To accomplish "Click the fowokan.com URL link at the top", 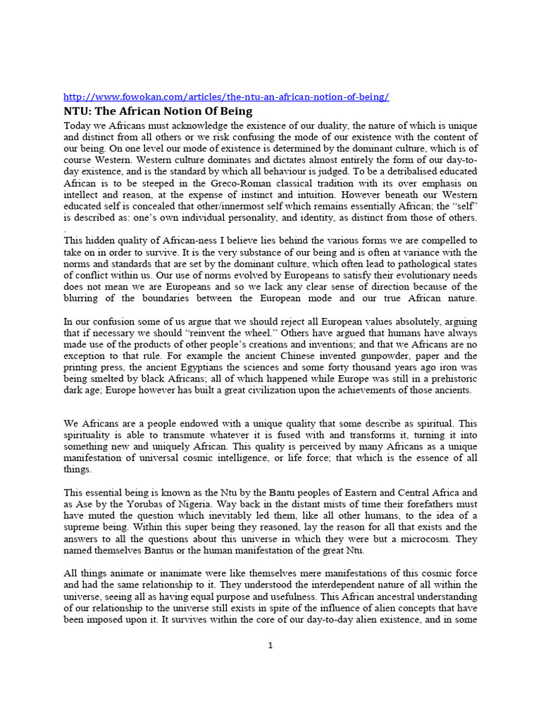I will coord(226,97).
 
